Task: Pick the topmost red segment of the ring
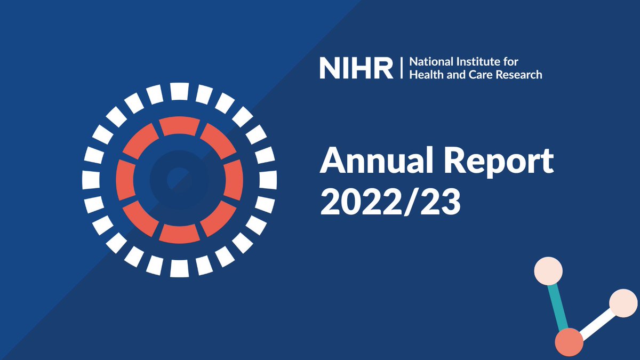[180, 126]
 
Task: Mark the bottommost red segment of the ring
[180, 233]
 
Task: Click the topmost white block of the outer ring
[180, 92]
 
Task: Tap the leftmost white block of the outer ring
[91, 180]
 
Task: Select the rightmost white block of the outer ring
[268, 180]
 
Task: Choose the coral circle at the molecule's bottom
[569, 341]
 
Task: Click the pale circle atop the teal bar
[548, 270]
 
